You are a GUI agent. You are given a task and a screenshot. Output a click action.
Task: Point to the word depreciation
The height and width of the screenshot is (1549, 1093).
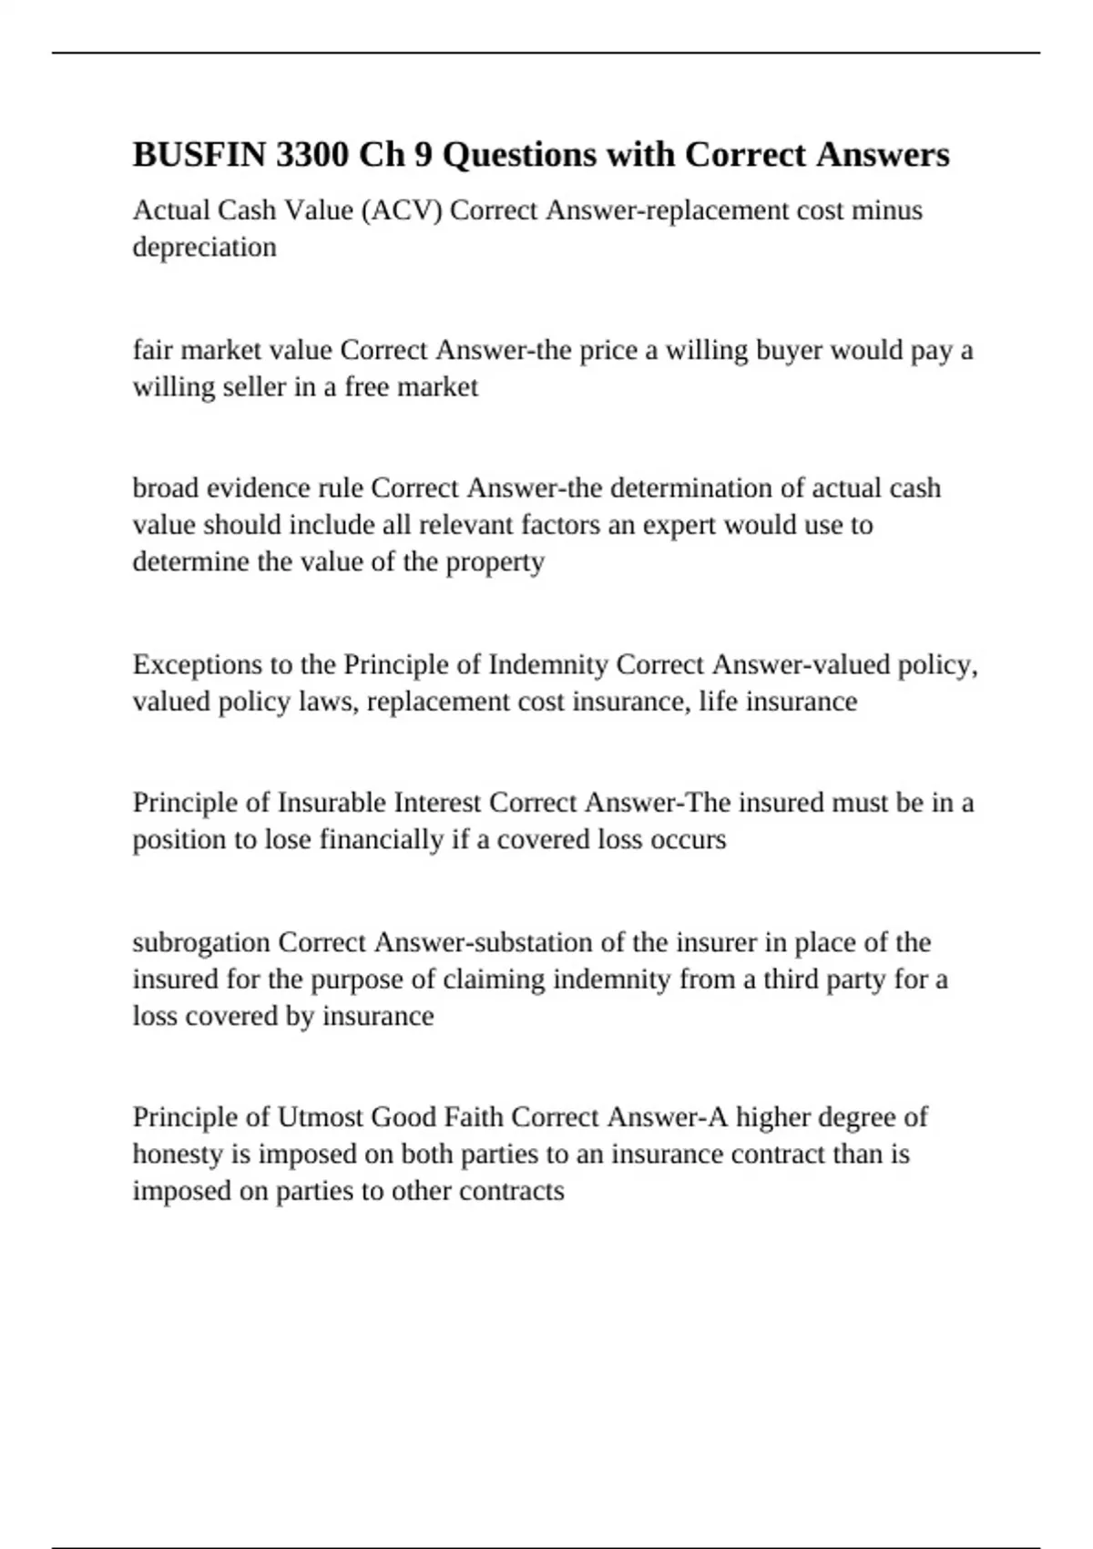click(x=204, y=247)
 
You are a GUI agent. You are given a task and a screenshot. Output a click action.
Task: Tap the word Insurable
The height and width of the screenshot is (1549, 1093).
click(x=332, y=803)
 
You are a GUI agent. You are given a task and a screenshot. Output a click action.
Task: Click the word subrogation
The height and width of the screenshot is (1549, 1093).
click(x=201, y=942)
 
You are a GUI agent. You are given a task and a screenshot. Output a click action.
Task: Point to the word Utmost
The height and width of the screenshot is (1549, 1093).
click(x=320, y=1117)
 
